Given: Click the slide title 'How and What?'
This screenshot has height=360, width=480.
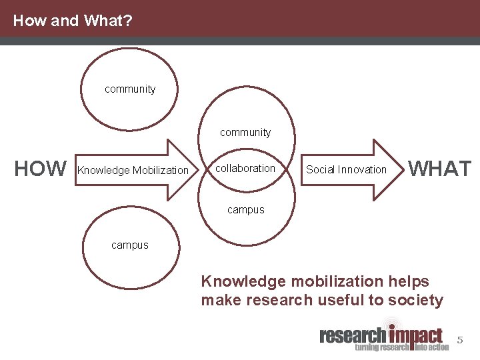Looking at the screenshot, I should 73,21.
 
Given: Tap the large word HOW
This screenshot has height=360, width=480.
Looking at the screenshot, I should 41,169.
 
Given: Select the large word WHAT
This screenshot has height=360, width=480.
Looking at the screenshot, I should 439,169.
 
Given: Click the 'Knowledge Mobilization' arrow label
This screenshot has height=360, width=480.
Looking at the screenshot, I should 133,170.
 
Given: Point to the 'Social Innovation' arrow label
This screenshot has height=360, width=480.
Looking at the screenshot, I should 346,169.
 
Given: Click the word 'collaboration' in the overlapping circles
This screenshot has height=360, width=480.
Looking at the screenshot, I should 245,169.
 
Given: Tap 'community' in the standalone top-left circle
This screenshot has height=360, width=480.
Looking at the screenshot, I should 130,89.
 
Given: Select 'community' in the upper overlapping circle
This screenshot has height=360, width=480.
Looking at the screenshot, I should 245,132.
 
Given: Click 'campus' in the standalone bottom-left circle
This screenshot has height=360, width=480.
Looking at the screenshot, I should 130,245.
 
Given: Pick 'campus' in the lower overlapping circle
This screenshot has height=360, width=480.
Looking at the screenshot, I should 245,209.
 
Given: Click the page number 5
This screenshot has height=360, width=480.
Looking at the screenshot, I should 459,341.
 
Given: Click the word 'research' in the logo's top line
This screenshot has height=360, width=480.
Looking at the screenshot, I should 353,335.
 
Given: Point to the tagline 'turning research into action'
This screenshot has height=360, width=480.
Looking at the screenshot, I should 401,347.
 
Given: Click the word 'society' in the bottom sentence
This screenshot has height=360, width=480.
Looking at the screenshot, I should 418,301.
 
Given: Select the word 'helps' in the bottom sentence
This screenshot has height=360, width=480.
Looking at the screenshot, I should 408,281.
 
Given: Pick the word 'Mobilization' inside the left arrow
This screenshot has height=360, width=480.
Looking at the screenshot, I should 161,170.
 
